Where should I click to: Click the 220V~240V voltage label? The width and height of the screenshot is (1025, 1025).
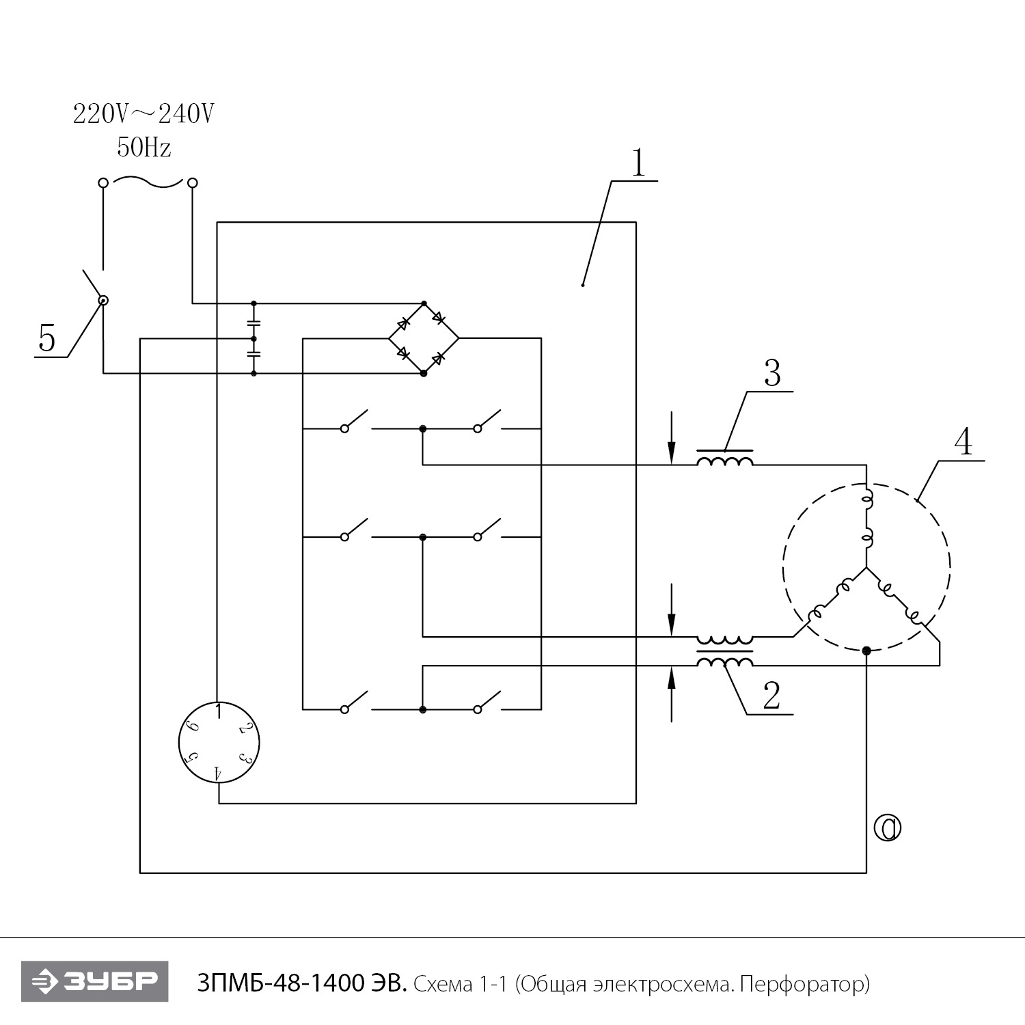[143, 114]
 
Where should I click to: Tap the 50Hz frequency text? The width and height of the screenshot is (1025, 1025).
[143, 147]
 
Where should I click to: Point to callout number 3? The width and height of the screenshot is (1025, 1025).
[771, 374]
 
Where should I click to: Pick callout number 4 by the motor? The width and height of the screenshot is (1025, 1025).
[963, 443]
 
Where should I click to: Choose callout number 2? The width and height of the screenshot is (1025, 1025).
[771, 697]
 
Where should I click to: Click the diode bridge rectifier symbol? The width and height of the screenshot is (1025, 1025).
[424, 338]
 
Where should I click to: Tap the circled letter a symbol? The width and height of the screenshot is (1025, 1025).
[887, 828]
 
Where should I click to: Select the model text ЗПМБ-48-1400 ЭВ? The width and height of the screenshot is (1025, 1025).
[303, 985]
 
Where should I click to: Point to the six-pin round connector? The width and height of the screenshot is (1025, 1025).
[219, 743]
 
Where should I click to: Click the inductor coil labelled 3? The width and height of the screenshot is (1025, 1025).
[725, 460]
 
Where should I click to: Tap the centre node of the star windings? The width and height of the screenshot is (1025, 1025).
[866, 568]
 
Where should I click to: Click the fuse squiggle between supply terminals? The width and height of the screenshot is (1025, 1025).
[148, 182]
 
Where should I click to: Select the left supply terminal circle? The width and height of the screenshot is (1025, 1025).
[103, 183]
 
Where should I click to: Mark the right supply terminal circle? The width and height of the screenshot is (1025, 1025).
[193, 182]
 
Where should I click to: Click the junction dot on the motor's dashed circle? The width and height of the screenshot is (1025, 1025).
[866, 651]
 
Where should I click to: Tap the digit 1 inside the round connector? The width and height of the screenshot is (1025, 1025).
[218, 711]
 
